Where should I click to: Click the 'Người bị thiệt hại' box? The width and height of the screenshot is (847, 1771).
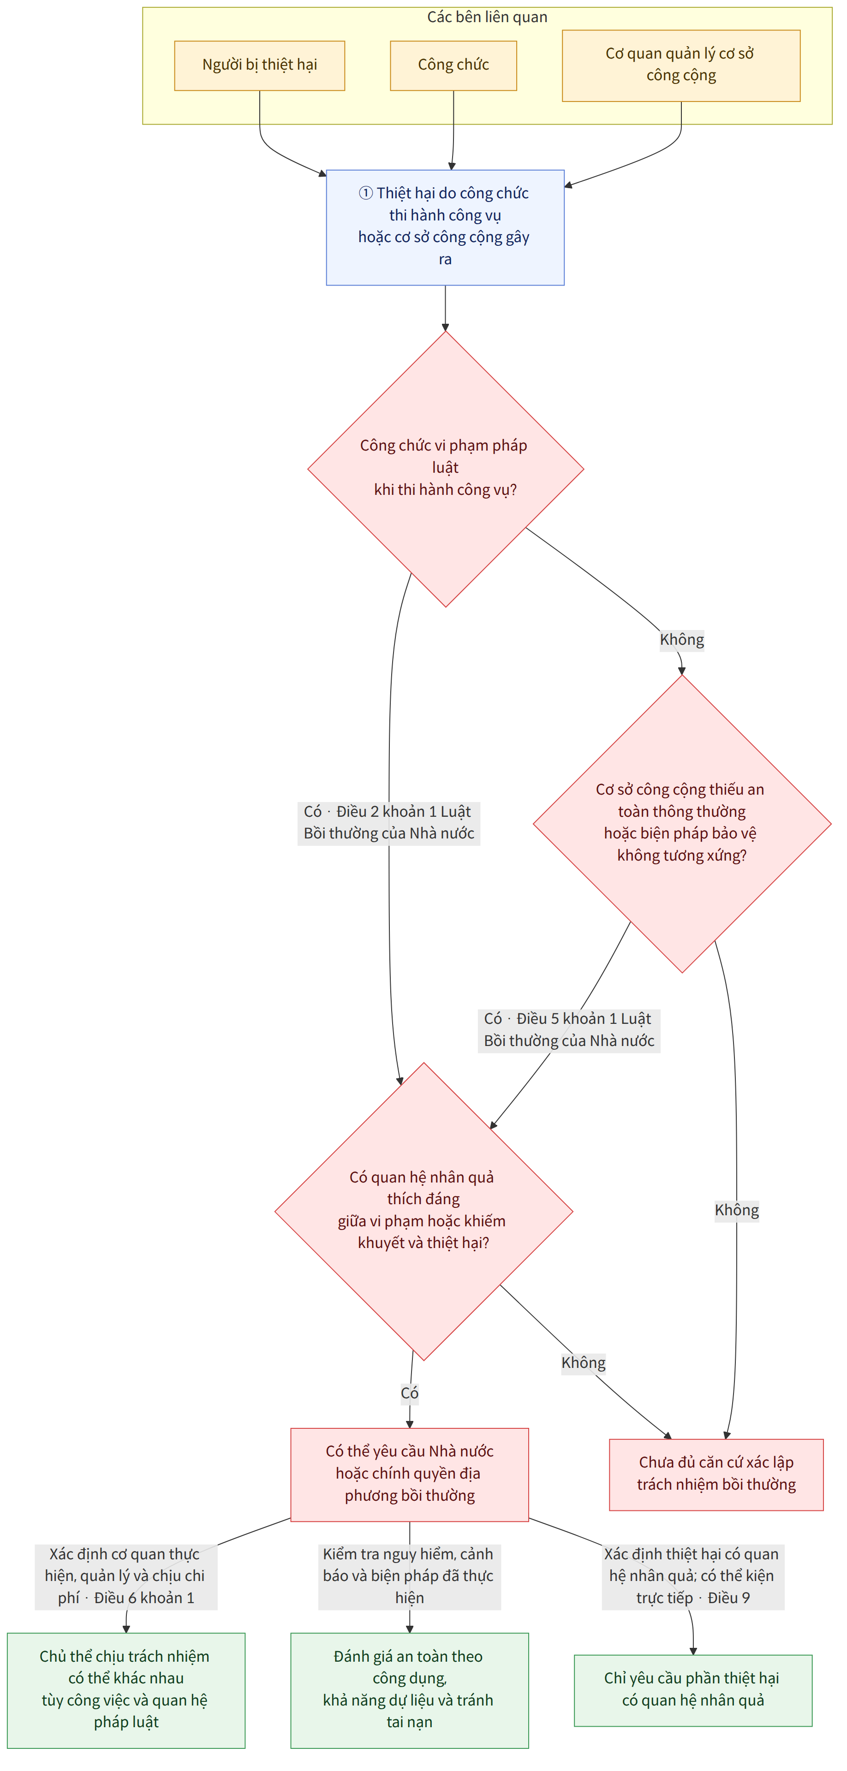click(259, 65)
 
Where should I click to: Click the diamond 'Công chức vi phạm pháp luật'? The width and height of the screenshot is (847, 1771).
click(446, 469)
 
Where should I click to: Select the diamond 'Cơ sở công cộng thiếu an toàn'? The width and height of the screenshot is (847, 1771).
click(682, 823)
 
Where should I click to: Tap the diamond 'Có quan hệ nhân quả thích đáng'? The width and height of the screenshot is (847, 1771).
click(423, 1211)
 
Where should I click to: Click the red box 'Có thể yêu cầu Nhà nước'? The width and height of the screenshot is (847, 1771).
click(410, 1474)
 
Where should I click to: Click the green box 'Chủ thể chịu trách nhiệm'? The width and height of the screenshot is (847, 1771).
click(126, 1690)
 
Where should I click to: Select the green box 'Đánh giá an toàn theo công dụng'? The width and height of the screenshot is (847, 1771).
click(410, 1690)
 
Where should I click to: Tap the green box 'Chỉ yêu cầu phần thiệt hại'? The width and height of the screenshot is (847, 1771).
click(693, 1690)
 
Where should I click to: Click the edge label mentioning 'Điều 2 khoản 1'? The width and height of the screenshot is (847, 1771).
click(389, 823)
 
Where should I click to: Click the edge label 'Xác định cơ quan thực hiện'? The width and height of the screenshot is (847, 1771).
click(126, 1576)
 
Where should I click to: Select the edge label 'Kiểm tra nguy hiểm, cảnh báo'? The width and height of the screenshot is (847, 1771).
click(410, 1576)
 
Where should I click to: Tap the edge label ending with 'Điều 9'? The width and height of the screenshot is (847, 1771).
click(693, 1576)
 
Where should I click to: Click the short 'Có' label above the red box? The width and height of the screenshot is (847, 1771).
click(410, 1393)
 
